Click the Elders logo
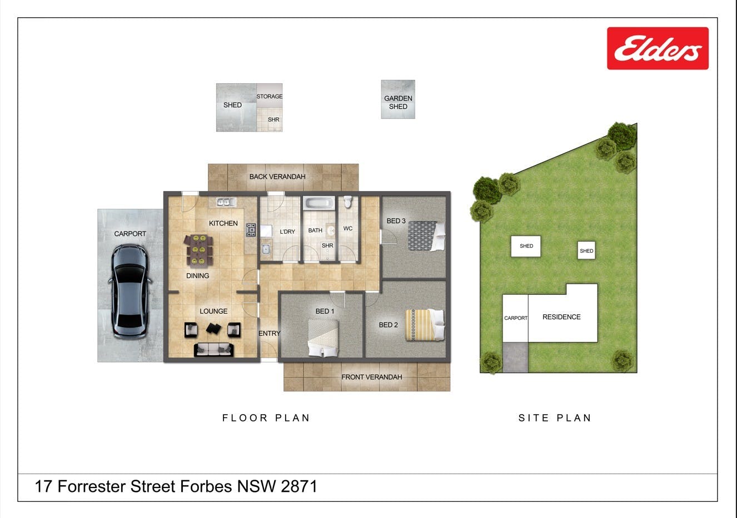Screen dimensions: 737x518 pyautogui.click(x=658, y=48)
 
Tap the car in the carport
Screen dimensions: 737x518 pyautogui.click(x=130, y=291)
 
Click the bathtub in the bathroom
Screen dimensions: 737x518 pyautogui.click(x=318, y=203)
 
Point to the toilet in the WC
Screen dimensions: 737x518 pyautogui.click(x=348, y=202)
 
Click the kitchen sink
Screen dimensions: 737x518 pyautogui.click(x=226, y=202)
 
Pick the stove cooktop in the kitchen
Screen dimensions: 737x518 pyautogui.click(x=251, y=230)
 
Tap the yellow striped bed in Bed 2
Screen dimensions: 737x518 pyautogui.click(x=425, y=325)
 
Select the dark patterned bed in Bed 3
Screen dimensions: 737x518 pyautogui.click(x=426, y=236)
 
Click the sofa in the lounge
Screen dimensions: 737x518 pyautogui.click(x=214, y=350)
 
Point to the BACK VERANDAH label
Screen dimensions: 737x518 pyautogui.click(x=277, y=177)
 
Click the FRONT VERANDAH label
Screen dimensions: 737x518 pyautogui.click(x=372, y=377)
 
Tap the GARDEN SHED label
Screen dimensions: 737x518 pyautogui.click(x=398, y=102)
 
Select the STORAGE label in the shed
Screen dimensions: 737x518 pyautogui.click(x=270, y=96)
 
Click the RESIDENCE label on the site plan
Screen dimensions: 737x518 pyautogui.click(x=561, y=317)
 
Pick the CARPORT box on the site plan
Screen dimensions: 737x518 pyautogui.click(x=516, y=318)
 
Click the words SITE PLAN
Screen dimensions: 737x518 pyautogui.click(x=555, y=418)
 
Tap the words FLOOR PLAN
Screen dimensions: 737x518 pyautogui.click(x=266, y=418)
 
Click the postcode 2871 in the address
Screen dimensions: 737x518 pyautogui.click(x=299, y=486)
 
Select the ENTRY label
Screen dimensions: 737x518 pyautogui.click(x=270, y=334)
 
